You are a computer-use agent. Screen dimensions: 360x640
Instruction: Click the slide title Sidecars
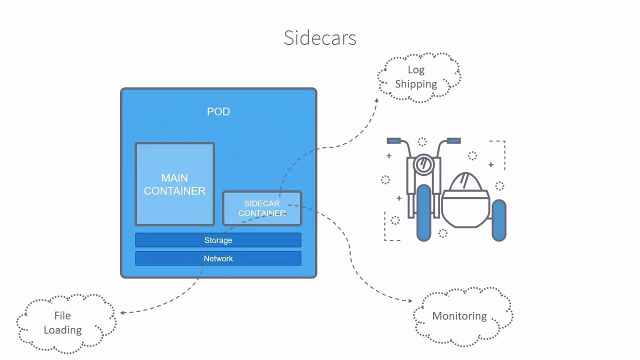320,38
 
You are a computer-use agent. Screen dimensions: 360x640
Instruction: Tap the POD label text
218,111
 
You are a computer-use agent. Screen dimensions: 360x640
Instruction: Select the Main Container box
174,184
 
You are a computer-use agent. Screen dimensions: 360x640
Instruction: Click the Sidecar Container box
261,208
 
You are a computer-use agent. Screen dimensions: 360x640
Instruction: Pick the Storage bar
218,240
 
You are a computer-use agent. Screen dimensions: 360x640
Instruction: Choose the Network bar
218,258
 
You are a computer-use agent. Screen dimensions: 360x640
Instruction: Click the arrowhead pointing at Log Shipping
377,100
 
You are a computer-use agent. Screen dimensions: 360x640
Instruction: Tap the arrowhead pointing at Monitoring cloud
410,300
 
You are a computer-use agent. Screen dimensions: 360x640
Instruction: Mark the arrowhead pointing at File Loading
121,313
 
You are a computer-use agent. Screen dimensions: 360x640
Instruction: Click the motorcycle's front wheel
423,212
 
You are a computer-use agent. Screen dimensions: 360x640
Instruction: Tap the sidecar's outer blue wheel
499,220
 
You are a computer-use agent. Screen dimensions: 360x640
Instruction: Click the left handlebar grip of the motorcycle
393,141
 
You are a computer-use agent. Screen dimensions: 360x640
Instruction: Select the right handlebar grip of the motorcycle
453,141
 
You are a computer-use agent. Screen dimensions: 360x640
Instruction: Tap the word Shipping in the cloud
416,84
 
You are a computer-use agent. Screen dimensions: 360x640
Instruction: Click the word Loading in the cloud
62,330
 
